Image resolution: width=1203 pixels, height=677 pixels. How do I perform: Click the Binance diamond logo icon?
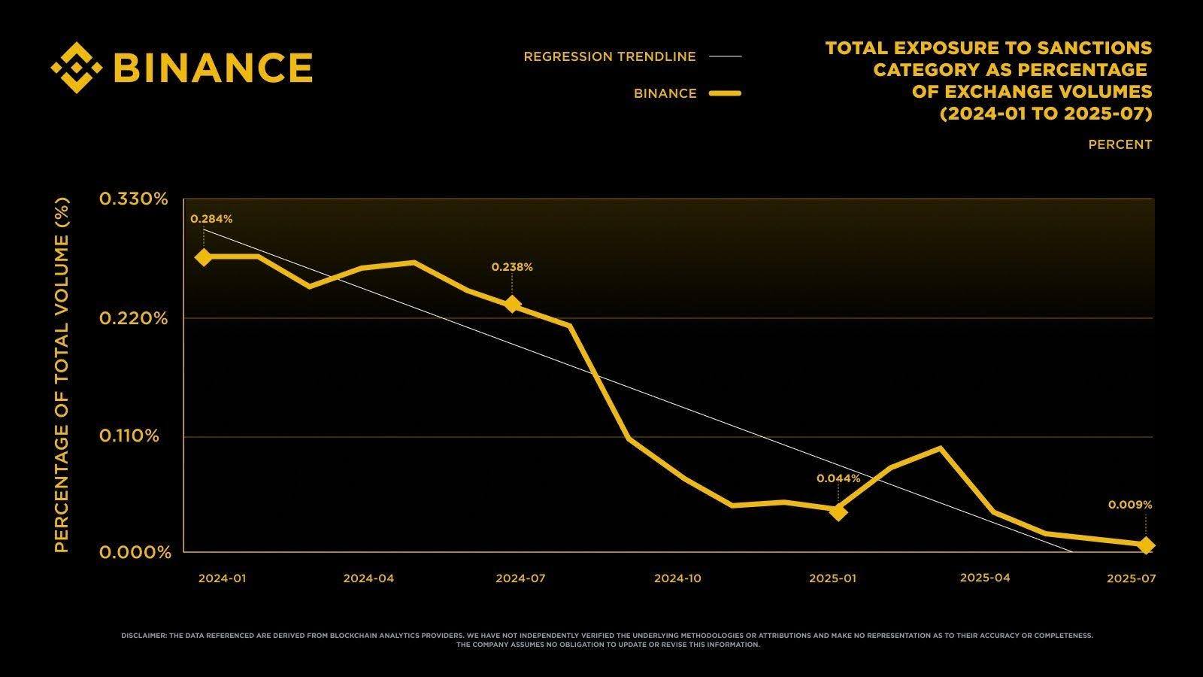(76, 67)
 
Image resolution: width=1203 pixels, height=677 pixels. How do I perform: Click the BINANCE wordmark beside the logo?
(213, 68)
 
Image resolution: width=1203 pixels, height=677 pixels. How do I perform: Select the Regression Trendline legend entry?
(610, 56)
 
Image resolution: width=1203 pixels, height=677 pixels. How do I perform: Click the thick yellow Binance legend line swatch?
(725, 93)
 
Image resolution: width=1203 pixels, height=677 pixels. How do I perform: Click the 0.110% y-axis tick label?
(129, 436)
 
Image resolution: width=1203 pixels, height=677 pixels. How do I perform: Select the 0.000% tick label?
(135, 553)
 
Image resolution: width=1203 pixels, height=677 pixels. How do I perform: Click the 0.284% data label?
(211, 219)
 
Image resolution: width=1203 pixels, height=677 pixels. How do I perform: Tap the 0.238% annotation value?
(512, 267)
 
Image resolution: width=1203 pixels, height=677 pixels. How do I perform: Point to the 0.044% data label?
(838, 478)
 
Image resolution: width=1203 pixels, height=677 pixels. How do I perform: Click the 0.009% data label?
(1129, 505)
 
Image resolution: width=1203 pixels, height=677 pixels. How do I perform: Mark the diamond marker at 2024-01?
(204, 257)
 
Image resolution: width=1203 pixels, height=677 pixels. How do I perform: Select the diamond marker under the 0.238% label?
(512, 305)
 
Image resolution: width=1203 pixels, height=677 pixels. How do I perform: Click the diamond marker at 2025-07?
(1145, 545)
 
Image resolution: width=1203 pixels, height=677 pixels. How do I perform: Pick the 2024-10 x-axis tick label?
(677, 578)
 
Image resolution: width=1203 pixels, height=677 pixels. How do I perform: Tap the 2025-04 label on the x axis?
(985, 578)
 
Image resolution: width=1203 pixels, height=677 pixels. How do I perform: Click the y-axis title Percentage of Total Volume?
(62, 375)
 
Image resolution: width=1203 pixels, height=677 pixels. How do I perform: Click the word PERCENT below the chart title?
(1120, 144)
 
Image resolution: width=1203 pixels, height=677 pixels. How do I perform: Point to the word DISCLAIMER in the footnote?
(144, 636)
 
